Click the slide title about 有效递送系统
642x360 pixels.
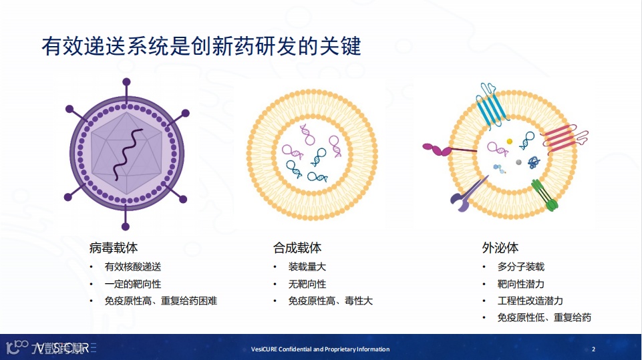click(x=201, y=47)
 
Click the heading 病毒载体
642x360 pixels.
click(x=114, y=248)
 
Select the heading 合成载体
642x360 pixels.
click(x=297, y=248)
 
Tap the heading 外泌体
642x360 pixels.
click(x=500, y=248)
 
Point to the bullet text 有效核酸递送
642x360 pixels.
click(x=133, y=266)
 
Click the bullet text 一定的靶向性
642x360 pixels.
click(x=133, y=284)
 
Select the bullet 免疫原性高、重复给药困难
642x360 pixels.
click(x=161, y=301)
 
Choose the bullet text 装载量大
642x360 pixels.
click(x=307, y=266)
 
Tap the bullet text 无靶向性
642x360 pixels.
click(x=307, y=284)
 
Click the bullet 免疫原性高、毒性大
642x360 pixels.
click(x=331, y=301)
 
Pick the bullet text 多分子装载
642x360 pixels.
click(x=521, y=266)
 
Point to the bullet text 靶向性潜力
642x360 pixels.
click(x=521, y=284)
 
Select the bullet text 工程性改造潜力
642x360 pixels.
click(x=530, y=301)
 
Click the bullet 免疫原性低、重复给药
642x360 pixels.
click(x=544, y=318)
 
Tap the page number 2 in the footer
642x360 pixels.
click(x=593, y=349)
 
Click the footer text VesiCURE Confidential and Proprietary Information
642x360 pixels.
click(x=320, y=349)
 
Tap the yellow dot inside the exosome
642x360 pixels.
click(x=510, y=142)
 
